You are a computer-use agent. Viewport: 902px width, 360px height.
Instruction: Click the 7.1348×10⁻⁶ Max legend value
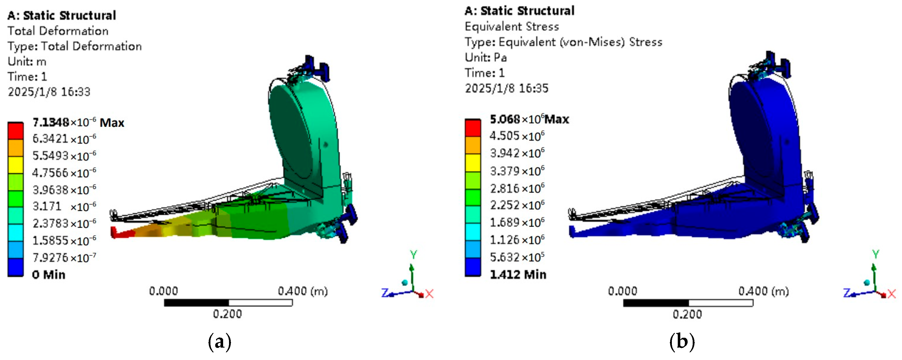[x=78, y=122]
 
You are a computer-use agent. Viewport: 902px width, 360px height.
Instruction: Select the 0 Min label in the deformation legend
[x=49, y=275]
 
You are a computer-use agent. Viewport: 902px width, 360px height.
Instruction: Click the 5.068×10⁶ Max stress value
[x=529, y=119]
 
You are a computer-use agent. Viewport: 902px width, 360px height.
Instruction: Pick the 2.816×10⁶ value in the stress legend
[x=517, y=188]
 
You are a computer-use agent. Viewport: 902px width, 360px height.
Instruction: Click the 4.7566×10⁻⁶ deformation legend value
[x=64, y=172]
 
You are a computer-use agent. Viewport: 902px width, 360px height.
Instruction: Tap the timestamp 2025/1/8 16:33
[x=49, y=92]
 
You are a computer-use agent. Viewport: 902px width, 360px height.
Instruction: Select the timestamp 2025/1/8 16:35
[x=506, y=88]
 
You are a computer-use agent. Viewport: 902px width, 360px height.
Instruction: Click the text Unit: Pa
[x=486, y=57]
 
